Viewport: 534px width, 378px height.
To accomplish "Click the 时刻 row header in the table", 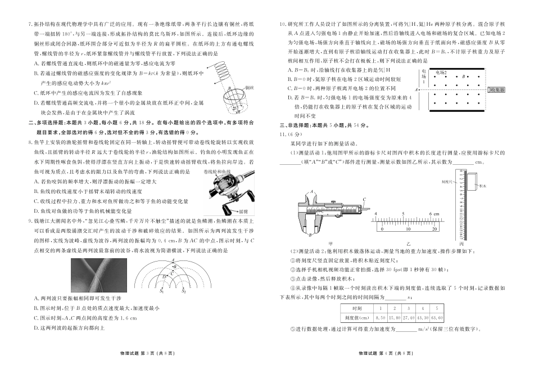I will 356,308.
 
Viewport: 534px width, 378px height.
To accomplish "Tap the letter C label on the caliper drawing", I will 364,199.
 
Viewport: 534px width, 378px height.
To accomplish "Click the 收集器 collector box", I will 497,89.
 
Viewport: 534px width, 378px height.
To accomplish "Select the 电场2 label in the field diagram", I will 441,73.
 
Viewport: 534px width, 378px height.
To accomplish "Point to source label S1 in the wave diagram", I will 161,291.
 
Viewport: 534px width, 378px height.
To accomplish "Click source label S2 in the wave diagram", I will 184,291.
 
